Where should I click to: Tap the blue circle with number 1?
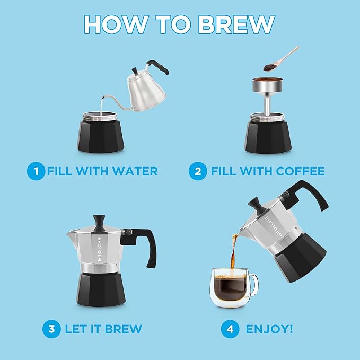pos(36,171)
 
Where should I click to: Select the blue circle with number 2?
pos(198,171)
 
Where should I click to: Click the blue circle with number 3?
pos(51,329)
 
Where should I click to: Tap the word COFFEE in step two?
pos(298,171)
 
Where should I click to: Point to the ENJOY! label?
pos(269,329)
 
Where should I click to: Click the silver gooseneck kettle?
pos(145,87)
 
